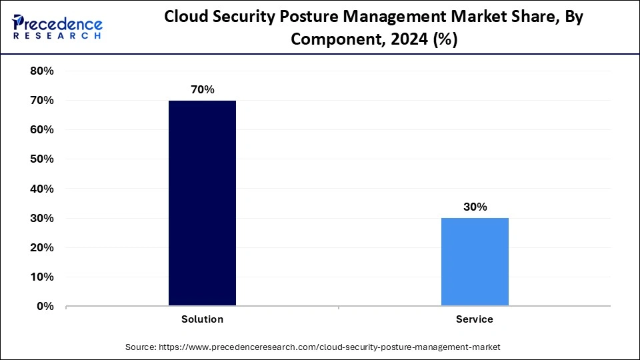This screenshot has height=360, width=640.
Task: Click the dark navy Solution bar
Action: [x=202, y=203]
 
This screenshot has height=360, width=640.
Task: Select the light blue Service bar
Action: [x=475, y=261]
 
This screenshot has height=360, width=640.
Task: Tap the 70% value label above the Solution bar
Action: [x=202, y=89]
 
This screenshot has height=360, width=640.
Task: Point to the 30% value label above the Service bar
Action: [x=475, y=207]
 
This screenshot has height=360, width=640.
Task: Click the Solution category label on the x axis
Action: [x=202, y=319]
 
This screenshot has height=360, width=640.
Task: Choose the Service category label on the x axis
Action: [x=475, y=319]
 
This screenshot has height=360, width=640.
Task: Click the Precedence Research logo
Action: [x=58, y=27]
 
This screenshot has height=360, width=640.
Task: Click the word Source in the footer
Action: [x=141, y=347]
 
